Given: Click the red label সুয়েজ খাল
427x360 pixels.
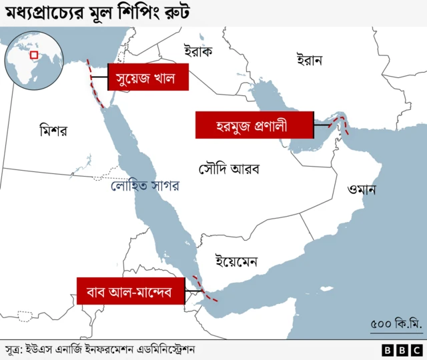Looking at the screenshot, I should tap(146, 78).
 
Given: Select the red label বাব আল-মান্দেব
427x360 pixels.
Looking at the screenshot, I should tap(130, 291).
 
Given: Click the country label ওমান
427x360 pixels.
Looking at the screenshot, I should tap(362, 189).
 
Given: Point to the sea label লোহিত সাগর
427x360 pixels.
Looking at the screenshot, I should tap(145, 186).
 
